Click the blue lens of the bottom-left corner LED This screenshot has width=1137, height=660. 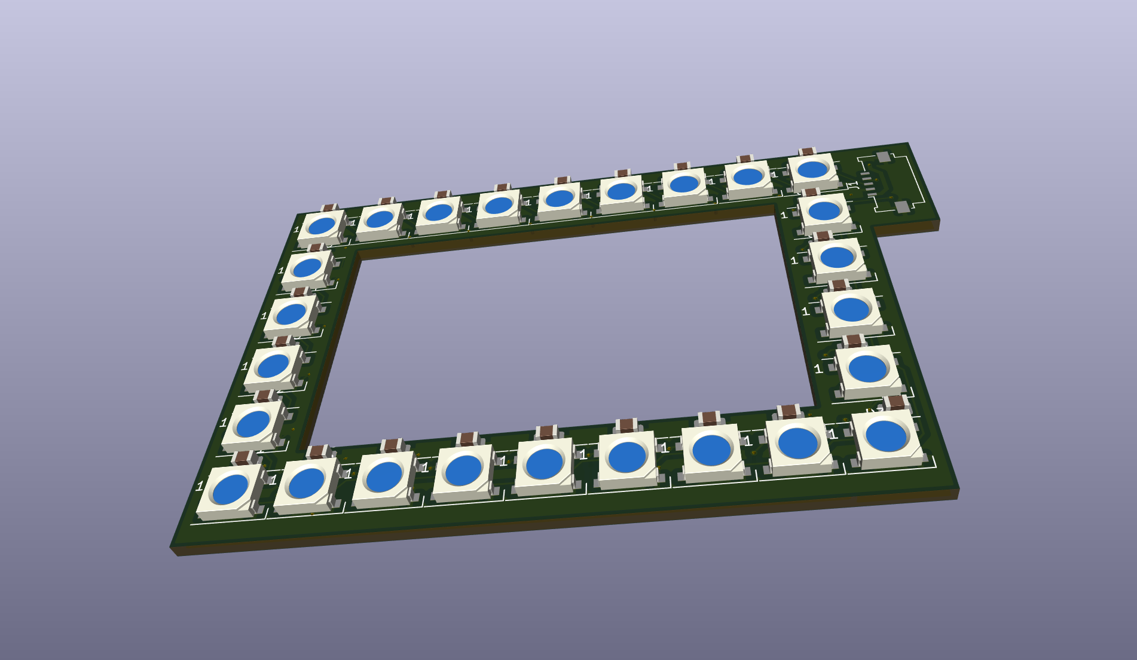point(230,488)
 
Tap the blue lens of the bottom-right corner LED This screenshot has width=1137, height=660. point(886,436)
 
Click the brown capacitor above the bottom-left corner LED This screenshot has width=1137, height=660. point(242,459)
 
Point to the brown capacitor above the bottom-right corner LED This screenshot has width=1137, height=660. point(896,402)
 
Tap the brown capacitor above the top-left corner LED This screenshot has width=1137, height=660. point(328,208)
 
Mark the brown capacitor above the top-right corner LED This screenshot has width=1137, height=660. point(808,152)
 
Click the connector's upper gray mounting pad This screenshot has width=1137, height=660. point(883,157)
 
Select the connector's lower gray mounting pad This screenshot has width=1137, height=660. point(901,207)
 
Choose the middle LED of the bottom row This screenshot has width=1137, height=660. point(544,463)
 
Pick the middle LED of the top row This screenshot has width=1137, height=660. point(560,198)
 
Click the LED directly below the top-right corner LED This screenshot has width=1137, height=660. point(824,210)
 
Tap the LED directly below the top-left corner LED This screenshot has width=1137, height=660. point(307,267)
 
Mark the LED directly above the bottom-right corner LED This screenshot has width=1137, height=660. point(867,368)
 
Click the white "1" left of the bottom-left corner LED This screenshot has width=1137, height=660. point(200,487)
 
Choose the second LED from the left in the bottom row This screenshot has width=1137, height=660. point(307,483)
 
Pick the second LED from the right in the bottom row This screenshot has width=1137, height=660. point(797,443)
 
